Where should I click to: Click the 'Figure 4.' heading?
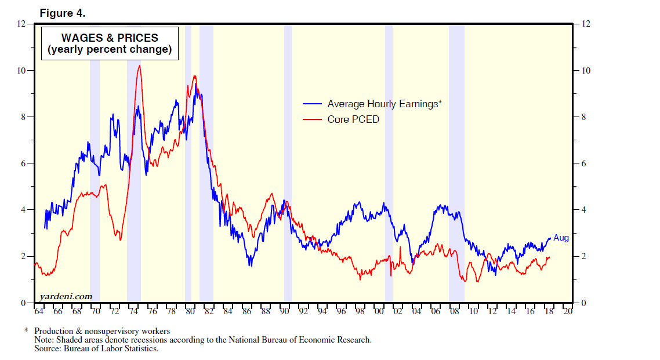[x=62, y=13]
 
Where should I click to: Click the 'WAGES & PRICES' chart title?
[x=110, y=38]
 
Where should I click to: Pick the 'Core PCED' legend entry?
[x=353, y=119]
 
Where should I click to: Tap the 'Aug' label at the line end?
[x=561, y=238]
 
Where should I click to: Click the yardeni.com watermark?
[x=66, y=296]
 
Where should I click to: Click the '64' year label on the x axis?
[x=39, y=311]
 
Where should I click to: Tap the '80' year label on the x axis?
[x=190, y=311]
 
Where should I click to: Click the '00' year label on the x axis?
[x=379, y=311]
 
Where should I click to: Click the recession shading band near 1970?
[x=95, y=174]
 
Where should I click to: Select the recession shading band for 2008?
[x=456, y=174]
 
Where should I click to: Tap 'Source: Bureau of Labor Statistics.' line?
[x=96, y=348]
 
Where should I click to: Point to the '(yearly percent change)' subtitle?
[x=110, y=50]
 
